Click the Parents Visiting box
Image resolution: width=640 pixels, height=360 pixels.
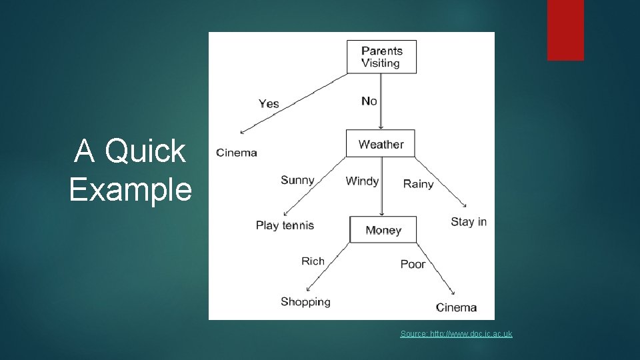point(381,57)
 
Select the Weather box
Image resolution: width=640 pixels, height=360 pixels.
point(381,144)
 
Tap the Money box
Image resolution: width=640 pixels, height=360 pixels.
point(383,230)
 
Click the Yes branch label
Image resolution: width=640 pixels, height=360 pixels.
point(269,103)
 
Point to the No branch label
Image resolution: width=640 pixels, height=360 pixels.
point(369,101)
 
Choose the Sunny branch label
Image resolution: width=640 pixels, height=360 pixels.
point(297,180)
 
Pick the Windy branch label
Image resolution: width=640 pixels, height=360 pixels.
point(362,181)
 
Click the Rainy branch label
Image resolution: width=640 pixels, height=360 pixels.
point(418,184)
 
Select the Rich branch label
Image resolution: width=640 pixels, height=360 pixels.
point(313,261)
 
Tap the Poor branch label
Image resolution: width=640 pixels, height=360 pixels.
point(413,264)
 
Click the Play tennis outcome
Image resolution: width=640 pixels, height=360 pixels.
point(285,225)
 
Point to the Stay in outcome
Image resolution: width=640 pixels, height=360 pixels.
point(469,221)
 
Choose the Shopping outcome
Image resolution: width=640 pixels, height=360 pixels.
point(305,301)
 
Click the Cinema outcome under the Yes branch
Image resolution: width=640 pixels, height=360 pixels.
point(237,153)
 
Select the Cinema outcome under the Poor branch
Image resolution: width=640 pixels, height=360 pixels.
point(456,307)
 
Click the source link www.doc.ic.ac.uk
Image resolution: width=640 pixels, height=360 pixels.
point(457,333)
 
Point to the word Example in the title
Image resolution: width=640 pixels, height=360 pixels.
point(131,189)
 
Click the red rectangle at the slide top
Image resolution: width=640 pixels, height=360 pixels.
point(565,30)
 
